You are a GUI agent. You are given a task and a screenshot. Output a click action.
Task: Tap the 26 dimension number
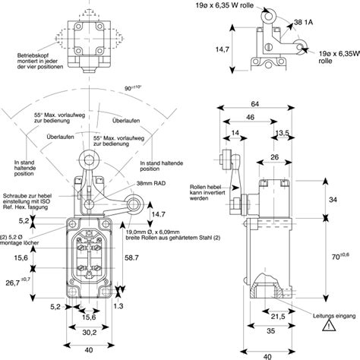point(273,158)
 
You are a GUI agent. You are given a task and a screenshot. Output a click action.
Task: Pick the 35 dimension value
point(272,331)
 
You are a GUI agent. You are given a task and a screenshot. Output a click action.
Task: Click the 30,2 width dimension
point(90,332)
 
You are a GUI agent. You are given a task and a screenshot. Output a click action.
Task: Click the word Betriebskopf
point(33,56)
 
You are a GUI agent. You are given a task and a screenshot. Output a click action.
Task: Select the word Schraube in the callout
point(17,194)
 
